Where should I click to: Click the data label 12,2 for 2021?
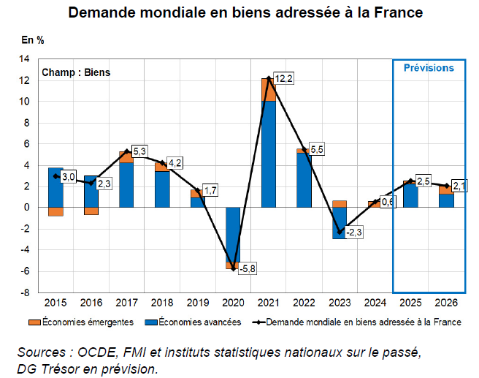coord(285,79)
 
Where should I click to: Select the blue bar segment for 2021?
coord(269,154)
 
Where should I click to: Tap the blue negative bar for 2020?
coord(233,234)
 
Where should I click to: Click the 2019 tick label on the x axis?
coord(197,301)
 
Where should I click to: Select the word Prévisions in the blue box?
coord(429,68)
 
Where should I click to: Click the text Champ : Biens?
coord(76,72)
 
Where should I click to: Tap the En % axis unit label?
coord(33,39)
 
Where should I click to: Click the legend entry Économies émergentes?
coord(87,321)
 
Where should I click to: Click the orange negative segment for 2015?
coord(55,212)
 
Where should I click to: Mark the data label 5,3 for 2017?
coord(139,151)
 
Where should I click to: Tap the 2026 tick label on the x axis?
coord(446,301)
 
